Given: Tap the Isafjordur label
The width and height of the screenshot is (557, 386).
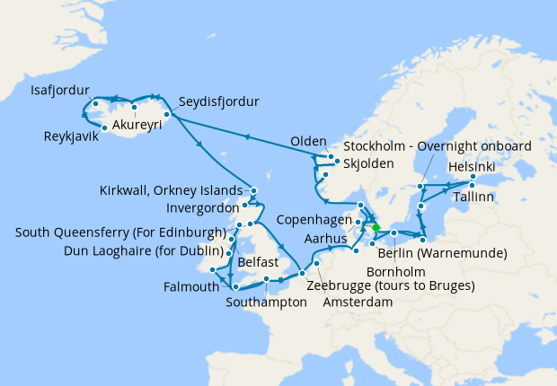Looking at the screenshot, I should [60, 91].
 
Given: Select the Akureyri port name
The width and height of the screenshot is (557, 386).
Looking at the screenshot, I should [137, 126].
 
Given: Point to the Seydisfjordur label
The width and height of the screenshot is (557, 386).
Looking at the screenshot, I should [218, 101].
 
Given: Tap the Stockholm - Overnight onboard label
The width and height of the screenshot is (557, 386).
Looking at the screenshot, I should [438, 146].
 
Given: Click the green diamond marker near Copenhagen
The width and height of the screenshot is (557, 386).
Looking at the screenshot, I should [376, 227].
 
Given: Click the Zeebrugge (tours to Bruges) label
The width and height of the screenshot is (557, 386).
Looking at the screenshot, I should [390, 285].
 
